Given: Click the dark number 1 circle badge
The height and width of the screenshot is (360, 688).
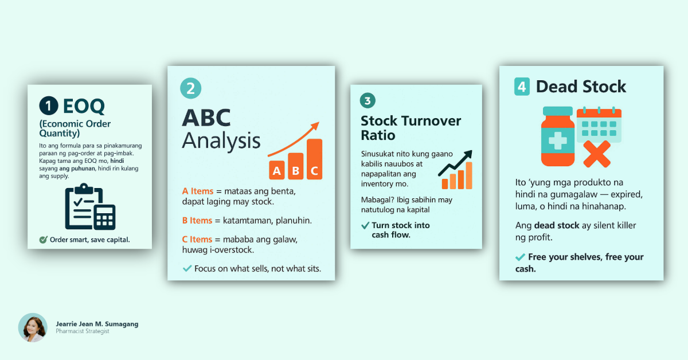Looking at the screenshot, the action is (x=49, y=105).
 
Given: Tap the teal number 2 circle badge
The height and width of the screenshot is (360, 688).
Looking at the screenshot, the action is (x=191, y=88).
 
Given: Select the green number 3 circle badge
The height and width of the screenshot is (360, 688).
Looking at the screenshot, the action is (x=368, y=100).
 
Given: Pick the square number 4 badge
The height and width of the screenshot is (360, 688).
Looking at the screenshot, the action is (x=522, y=87).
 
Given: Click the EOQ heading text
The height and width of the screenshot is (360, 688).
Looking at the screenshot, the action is (x=84, y=106).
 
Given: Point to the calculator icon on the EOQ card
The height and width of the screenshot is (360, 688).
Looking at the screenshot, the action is (x=105, y=217).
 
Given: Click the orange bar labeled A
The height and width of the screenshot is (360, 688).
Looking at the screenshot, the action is (x=277, y=170).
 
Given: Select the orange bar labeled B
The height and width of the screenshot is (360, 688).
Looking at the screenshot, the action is (x=296, y=166).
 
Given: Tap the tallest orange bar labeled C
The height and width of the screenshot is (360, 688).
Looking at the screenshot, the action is (x=315, y=159).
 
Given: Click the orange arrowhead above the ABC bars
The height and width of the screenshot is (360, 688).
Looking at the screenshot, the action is (x=315, y=126).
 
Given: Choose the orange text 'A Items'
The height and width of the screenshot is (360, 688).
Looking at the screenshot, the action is (x=197, y=191).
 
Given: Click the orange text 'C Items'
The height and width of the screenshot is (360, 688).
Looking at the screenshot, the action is (x=197, y=239).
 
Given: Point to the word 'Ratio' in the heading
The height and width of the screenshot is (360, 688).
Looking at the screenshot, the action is (x=378, y=135).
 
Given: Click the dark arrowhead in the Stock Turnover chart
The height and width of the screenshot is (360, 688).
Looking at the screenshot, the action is (x=468, y=154).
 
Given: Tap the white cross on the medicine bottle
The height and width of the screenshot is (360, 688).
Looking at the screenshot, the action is (x=557, y=140).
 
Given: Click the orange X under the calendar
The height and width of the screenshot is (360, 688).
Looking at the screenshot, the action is (x=597, y=154).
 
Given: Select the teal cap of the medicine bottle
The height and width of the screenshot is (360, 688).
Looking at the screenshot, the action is (x=558, y=111).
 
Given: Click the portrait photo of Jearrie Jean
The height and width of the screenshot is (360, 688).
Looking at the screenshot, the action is (x=33, y=327).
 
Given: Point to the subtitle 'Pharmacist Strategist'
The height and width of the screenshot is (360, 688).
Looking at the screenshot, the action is (x=83, y=331).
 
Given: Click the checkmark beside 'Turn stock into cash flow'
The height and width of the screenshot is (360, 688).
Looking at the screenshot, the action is (x=365, y=226).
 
